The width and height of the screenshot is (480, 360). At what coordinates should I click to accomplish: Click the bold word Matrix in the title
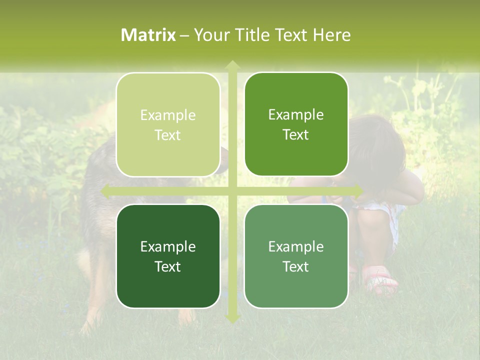coord(148,35)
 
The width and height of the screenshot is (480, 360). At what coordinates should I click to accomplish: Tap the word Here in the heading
coord(332,35)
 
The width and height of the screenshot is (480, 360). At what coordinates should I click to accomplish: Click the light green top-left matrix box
coord(168,124)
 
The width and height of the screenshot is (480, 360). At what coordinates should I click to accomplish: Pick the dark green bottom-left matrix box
coord(168,256)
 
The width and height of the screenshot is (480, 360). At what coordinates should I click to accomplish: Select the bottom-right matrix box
coord(296,256)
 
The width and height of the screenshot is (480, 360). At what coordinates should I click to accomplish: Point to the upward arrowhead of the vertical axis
coord(232,65)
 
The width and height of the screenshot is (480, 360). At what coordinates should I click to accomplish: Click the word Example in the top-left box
coord(168,115)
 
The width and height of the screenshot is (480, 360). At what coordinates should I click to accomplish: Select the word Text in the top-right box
coord(296,135)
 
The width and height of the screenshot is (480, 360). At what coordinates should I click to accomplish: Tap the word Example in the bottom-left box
coord(168,247)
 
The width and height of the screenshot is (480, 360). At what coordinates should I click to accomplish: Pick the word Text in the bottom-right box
coord(296,267)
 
